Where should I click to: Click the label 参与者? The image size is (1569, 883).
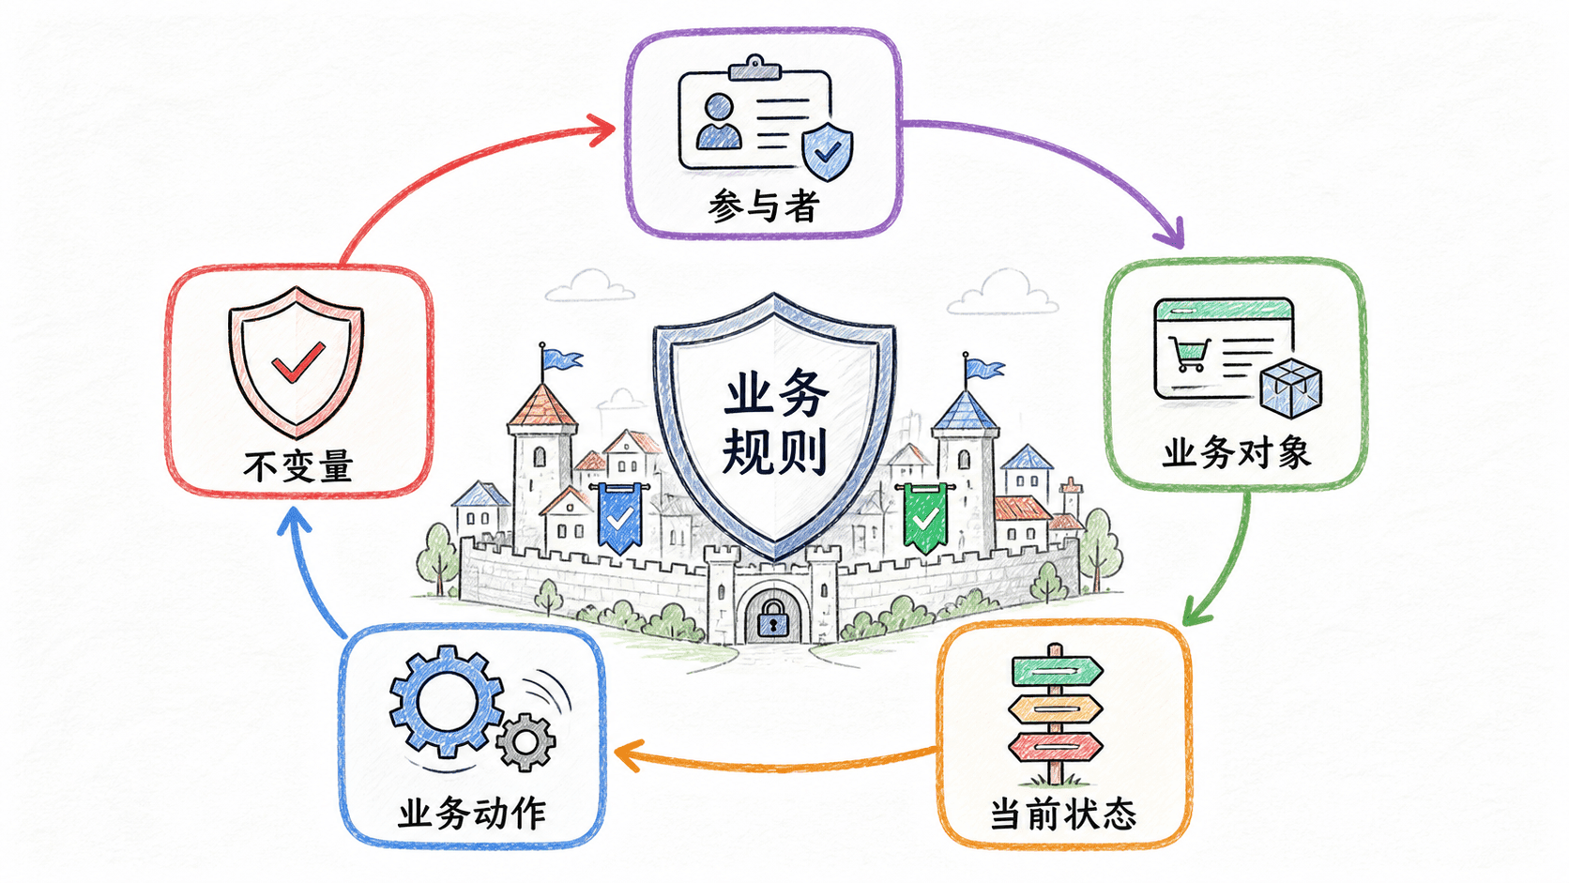pyautogui.click(x=764, y=206)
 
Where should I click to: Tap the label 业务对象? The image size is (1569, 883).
pyautogui.click(x=1236, y=453)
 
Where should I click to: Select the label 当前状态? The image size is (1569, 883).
pyautogui.click(x=1063, y=814)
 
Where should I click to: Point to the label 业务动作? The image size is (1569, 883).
pyautogui.click(x=472, y=813)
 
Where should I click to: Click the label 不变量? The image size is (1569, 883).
pyautogui.click(x=298, y=466)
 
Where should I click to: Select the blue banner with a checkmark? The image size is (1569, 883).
pyautogui.click(x=619, y=517)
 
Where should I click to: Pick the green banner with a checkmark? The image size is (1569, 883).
pyautogui.click(x=925, y=517)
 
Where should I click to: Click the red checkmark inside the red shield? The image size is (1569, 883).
pyautogui.click(x=298, y=362)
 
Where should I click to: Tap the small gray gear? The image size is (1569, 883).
pyautogui.click(x=526, y=742)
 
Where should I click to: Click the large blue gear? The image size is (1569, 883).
pyautogui.click(x=446, y=701)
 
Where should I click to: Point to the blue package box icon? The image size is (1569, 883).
pyautogui.click(x=1290, y=388)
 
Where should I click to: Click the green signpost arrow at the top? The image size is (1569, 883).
pyautogui.click(x=1057, y=671)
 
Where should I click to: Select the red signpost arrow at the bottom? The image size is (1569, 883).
pyautogui.click(x=1056, y=747)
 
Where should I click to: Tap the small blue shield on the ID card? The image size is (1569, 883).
pyautogui.click(x=828, y=150)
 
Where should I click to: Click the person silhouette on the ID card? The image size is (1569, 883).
pyautogui.click(x=719, y=122)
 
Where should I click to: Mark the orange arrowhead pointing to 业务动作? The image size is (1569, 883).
pyautogui.click(x=628, y=754)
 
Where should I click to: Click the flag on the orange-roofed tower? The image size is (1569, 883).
pyautogui.click(x=561, y=359)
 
